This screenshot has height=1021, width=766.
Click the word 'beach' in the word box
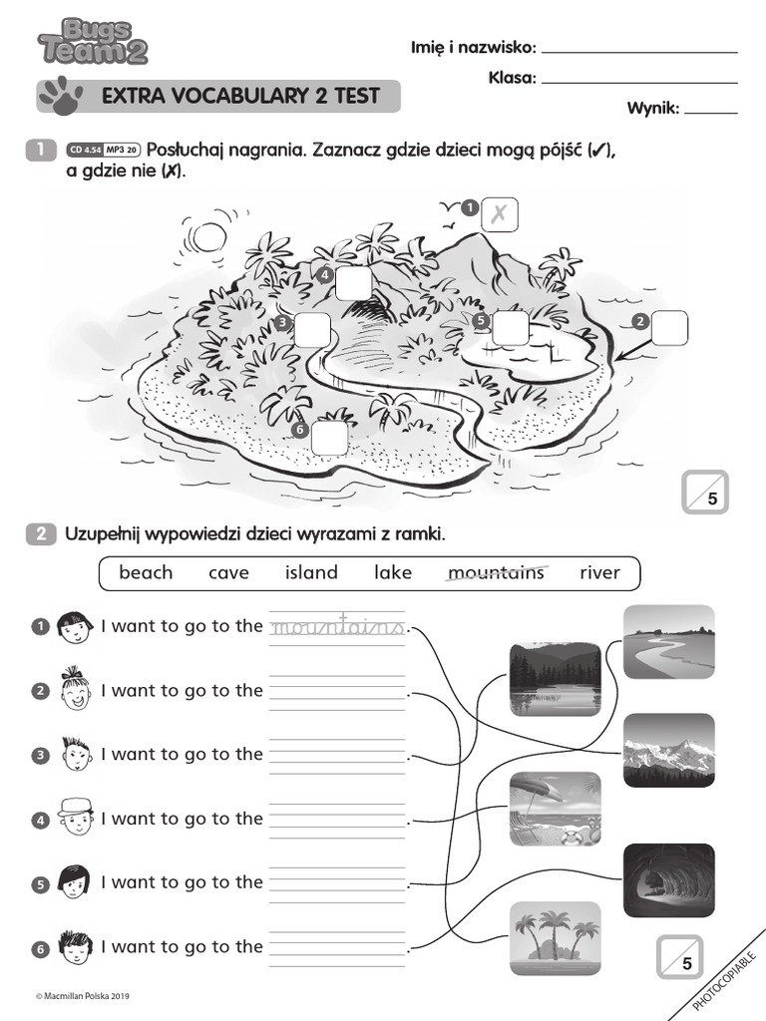click(146, 572)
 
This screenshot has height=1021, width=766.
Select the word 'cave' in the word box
click(228, 572)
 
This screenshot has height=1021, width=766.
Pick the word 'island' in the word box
click(311, 572)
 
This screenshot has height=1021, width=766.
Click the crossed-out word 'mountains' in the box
click(496, 572)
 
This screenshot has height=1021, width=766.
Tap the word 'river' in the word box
click(599, 572)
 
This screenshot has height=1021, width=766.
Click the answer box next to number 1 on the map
click(500, 213)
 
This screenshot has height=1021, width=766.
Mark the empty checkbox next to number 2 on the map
click(670, 326)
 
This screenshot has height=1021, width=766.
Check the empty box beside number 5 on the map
click(511, 327)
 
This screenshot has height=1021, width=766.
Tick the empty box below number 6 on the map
click(329, 438)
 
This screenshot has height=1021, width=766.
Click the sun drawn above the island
click(210, 236)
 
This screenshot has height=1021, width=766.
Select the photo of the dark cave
click(668, 879)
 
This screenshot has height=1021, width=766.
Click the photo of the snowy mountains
click(668, 750)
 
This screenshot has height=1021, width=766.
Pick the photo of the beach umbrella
click(555, 809)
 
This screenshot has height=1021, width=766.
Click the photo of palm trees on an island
click(555, 937)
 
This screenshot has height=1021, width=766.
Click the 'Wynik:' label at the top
click(652, 109)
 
